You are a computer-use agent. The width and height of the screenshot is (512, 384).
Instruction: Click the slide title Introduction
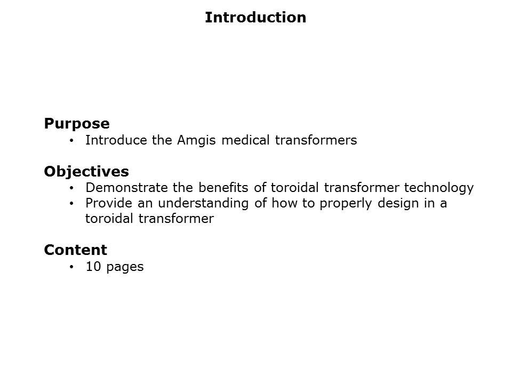(255, 17)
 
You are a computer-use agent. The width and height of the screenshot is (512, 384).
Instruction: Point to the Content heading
(75, 250)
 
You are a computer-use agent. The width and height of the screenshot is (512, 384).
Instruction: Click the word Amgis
(196, 141)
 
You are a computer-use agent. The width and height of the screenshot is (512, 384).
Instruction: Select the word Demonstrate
(127, 188)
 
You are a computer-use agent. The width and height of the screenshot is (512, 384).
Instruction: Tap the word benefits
(223, 188)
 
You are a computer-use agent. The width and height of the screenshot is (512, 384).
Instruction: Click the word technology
(439, 188)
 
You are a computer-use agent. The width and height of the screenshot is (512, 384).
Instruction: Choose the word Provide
(109, 203)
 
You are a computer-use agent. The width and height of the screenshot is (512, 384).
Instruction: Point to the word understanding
(203, 204)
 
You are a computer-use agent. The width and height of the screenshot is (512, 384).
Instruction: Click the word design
(398, 204)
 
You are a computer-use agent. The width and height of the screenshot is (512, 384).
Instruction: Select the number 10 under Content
(93, 267)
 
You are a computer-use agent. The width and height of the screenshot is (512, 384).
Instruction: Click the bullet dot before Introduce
(71, 141)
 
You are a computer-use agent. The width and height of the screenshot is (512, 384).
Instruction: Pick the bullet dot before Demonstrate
(71, 188)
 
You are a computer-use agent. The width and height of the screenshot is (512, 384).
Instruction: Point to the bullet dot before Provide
(71, 204)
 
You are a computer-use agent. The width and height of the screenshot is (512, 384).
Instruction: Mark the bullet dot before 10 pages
(71, 267)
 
